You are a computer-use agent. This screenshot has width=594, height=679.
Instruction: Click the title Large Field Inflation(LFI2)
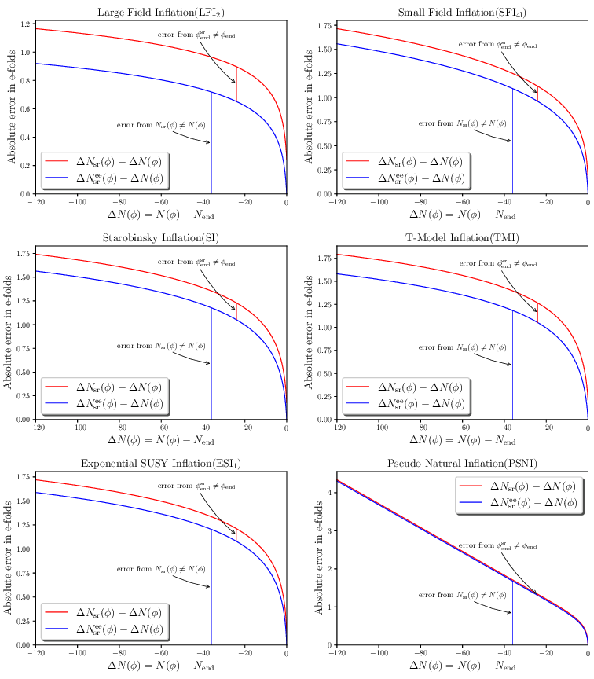(160, 12)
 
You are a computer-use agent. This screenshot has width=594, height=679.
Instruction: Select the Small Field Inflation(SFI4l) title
(462, 12)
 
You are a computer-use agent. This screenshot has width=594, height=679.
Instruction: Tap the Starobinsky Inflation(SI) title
(160, 238)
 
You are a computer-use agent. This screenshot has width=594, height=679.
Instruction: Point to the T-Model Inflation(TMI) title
(462, 238)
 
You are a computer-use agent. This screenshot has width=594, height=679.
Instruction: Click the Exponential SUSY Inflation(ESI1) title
(160, 464)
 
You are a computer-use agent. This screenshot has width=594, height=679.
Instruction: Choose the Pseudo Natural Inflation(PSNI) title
(462, 464)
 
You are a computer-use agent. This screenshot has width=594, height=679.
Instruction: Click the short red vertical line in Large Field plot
(236, 84)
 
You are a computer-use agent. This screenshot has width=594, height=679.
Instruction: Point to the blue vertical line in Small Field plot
(512, 141)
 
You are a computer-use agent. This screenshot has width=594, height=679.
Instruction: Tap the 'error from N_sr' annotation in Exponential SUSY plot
(161, 569)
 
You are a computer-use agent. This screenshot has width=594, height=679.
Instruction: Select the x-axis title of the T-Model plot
(462, 441)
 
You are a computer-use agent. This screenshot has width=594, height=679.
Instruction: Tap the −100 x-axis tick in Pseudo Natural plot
(379, 653)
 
